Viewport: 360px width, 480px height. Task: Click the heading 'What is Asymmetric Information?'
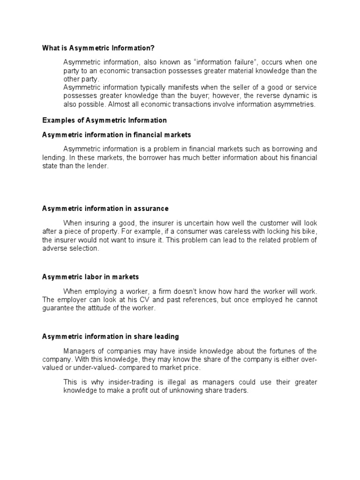coord(98,48)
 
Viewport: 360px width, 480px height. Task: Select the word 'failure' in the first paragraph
coord(244,62)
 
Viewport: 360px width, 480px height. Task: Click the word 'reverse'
coord(260,96)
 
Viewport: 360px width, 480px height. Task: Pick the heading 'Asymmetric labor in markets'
coord(90,277)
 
